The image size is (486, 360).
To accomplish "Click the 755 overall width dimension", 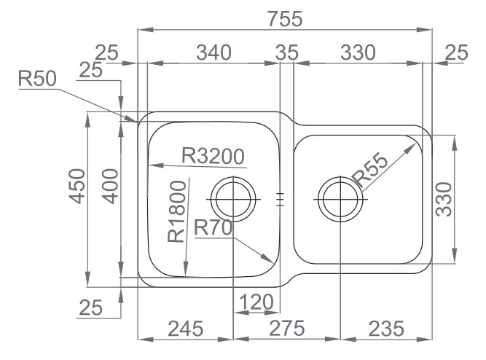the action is [x=285, y=19].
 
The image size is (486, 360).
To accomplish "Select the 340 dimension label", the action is [x=214, y=52].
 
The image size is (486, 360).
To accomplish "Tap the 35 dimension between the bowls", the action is [x=287, y=52].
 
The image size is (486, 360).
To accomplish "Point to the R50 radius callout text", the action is [x=37, y=78].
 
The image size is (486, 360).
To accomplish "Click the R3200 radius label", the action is [x=213, y=156].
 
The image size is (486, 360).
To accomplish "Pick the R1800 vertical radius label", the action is [x=177, y=211].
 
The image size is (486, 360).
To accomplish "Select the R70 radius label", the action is [x=213, y=227].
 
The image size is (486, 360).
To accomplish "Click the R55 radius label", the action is [x=370, y=171].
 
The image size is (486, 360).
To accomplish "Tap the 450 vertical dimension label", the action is [x=77, y=186].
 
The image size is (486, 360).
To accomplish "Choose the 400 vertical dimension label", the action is [x=110, y=186].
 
